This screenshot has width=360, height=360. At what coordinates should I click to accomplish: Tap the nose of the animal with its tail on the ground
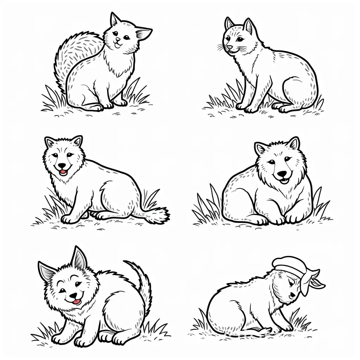point(62,166)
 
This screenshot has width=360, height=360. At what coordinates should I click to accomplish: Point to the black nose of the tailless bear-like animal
point(282,173)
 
